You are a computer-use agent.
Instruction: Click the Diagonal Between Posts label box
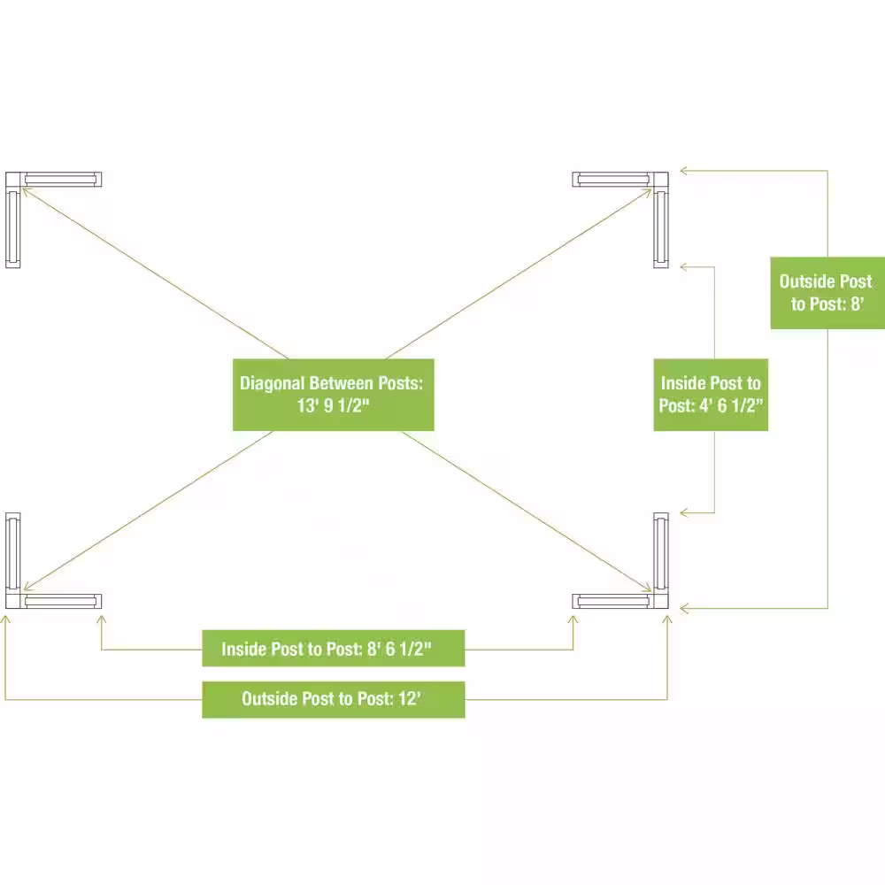coord(334,395)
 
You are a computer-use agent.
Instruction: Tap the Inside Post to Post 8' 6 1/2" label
coord(334,649)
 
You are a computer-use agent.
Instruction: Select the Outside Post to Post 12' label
coord(334,699)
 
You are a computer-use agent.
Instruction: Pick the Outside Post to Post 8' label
coord(827,293)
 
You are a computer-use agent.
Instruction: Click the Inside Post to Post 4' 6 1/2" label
coord(711,395)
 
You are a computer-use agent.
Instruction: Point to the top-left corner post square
coord(13,180)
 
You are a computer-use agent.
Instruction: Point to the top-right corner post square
coord(661,180)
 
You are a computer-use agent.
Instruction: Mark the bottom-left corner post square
coord(13,601)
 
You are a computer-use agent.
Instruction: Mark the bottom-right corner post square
coord(661,601)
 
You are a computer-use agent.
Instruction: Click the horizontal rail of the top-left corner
coord(62,180)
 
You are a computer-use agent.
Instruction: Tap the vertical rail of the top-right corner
coord(661,227)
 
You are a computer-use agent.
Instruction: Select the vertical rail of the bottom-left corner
coord(13,553)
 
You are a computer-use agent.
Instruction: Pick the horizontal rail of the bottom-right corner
coord(613,601)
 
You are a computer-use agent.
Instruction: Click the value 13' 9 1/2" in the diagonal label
coord(333,406)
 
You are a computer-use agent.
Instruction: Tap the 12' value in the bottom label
coord(410,699)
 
